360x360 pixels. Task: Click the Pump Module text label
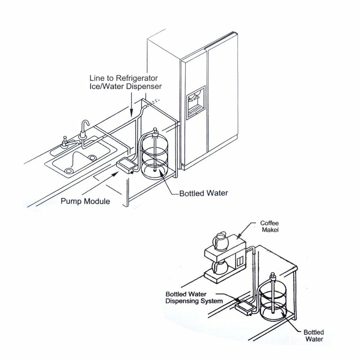[85, 201]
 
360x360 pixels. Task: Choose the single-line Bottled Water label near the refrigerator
[204, 193]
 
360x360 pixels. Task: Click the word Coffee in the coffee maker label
[269, 223]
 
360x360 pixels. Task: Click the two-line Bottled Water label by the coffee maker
[314, 335]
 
